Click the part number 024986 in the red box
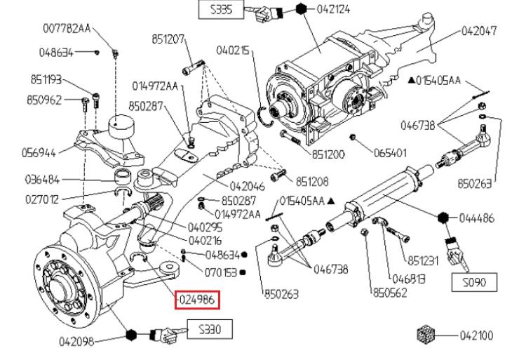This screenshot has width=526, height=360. (x=198, y=300)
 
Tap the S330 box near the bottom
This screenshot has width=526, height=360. (x=208, y=328)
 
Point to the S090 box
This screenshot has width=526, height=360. (x=473, y=283)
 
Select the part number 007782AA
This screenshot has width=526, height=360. (x=67, y=28)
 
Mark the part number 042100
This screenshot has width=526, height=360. (x=478, y=335)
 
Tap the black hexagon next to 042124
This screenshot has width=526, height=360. (x=301, y=10)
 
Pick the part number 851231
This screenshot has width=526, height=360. (x=422, y=260)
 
